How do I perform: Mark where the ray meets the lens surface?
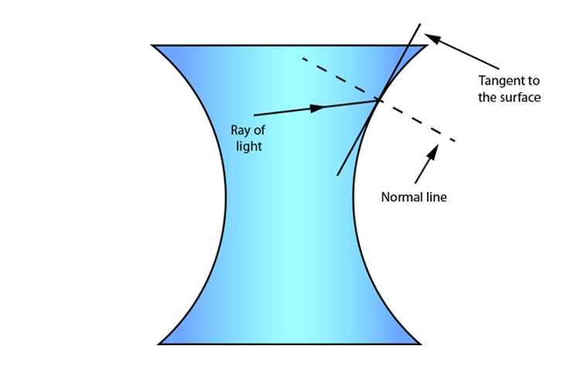(378, 99)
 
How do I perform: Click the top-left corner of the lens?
(152, 46)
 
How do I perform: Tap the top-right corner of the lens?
(427, 46)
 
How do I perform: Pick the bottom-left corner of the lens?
(159, 344)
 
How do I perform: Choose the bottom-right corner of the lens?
(421, 344)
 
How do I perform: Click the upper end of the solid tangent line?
(421, 23)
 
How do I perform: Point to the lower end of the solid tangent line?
(338, 176)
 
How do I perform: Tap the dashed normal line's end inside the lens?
(302, 58)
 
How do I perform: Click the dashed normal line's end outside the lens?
(455, 140)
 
